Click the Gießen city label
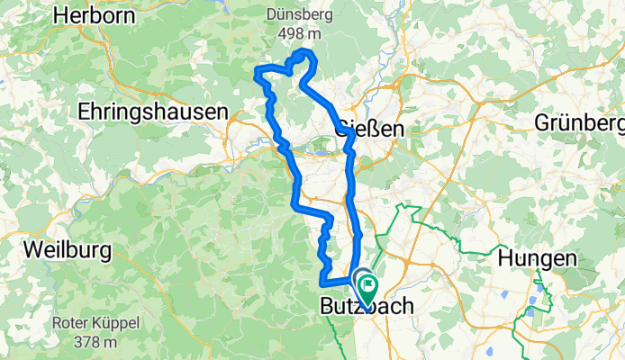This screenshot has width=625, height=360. click(369, 130)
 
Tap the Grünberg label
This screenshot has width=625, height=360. click(579, 122)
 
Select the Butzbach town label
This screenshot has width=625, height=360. click(367, 308)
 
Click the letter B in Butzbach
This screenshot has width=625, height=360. click(328, 308)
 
